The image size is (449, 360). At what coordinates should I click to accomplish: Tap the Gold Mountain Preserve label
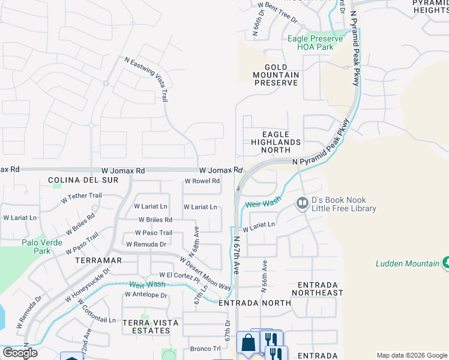276,75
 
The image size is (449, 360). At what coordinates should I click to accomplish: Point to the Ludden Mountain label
408,263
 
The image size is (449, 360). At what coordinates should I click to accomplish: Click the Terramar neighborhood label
98,260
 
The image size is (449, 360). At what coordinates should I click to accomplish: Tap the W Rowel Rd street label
202,181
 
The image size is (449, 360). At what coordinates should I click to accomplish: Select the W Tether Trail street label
82,196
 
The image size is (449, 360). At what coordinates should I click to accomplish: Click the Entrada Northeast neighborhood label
318,289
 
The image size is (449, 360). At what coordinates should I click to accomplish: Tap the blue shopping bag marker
247,343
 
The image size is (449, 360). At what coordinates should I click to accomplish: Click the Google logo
20,353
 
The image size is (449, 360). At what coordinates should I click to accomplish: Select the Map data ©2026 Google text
411,355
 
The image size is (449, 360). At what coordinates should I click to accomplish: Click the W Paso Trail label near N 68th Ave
154,233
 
